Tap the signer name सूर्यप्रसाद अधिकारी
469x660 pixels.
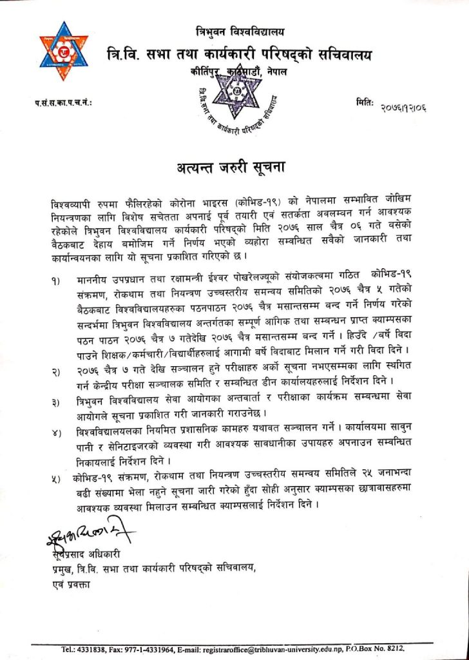tap(84, 554)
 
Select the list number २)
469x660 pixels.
tap(59, 372)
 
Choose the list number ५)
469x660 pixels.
tap(59, 479)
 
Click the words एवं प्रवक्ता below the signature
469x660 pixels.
tap(72, 585)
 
